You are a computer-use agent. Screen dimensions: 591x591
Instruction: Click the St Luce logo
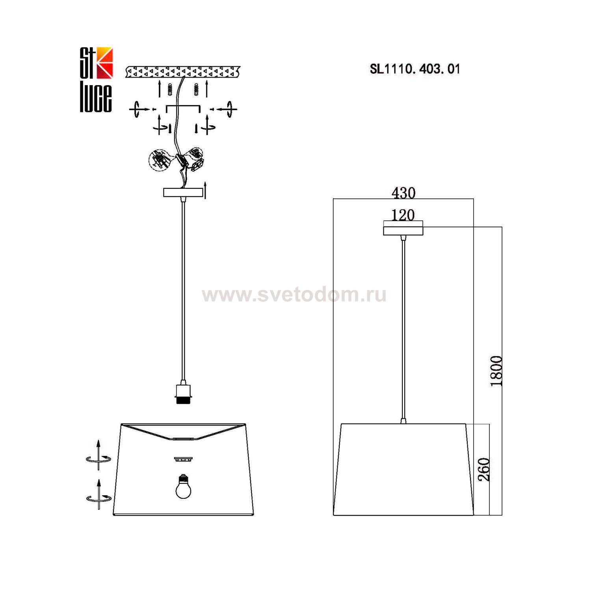[x=97, y=80]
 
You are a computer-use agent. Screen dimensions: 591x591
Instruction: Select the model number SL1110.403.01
[x=415, y=69]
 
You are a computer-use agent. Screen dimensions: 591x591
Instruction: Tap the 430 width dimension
[x=403, y=193]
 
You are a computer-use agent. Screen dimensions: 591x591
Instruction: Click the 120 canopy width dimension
[x=403, y=215]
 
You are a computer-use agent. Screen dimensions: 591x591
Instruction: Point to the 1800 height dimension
[x=497, y=371]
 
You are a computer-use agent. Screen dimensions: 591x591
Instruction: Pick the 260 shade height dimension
[x=484, y=469]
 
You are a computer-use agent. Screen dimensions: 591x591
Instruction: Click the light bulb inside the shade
[x=184, y=486]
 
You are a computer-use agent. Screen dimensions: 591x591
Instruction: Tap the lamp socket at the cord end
[x=182, y=392]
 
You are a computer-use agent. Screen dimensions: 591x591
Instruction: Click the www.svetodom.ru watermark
[x=294, y=295]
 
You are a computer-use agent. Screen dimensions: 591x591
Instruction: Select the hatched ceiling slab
[x=183, y=72]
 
